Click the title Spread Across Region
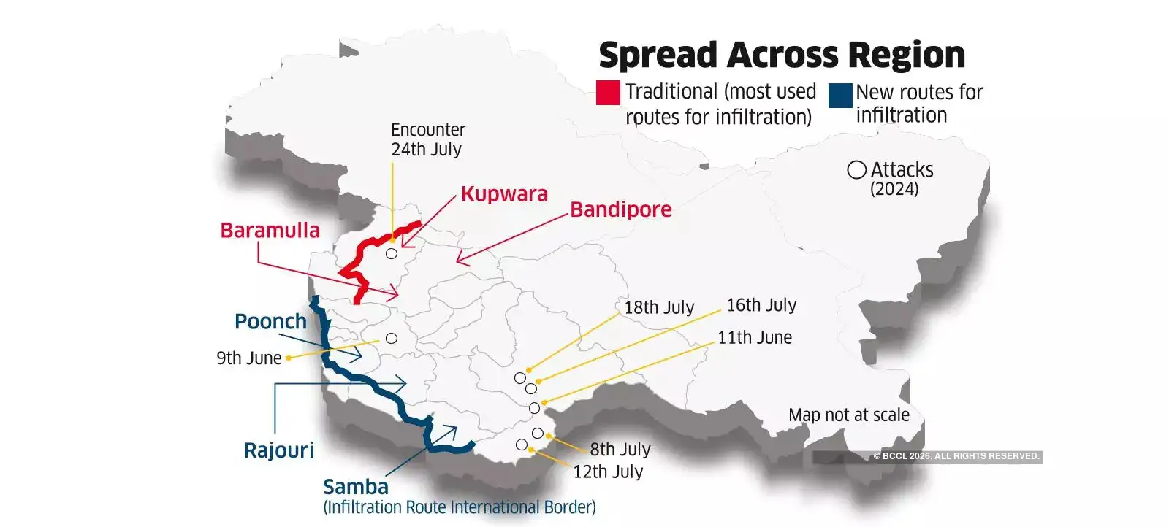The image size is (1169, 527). tap(781, 55)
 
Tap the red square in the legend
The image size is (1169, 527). tap(608, 93)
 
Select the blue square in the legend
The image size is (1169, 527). tap(840, 95)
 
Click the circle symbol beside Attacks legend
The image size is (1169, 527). tap(856, 170)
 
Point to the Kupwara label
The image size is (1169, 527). tap(504, 194)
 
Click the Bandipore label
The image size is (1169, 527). tap(620, 209)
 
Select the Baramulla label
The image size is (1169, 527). tap(270, 231)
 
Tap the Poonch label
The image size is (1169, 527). tap(270, 321)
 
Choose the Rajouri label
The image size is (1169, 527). tap(278, 450)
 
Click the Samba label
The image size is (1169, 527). tap(356, 487)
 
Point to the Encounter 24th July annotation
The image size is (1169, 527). tap(427, 139)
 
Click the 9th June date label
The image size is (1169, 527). tap(248, 358)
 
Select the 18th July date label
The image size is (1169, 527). tap(658, 307)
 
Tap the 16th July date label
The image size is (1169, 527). tap(761, 305)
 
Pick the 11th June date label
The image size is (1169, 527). tap(754, 337)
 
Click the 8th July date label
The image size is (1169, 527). tap(620, 449)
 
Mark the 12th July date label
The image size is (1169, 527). tap(608, 472)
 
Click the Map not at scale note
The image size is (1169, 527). tap(848, 415)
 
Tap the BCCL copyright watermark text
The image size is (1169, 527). tap(956, 456)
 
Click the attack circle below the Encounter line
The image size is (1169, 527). tap(392, 254)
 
